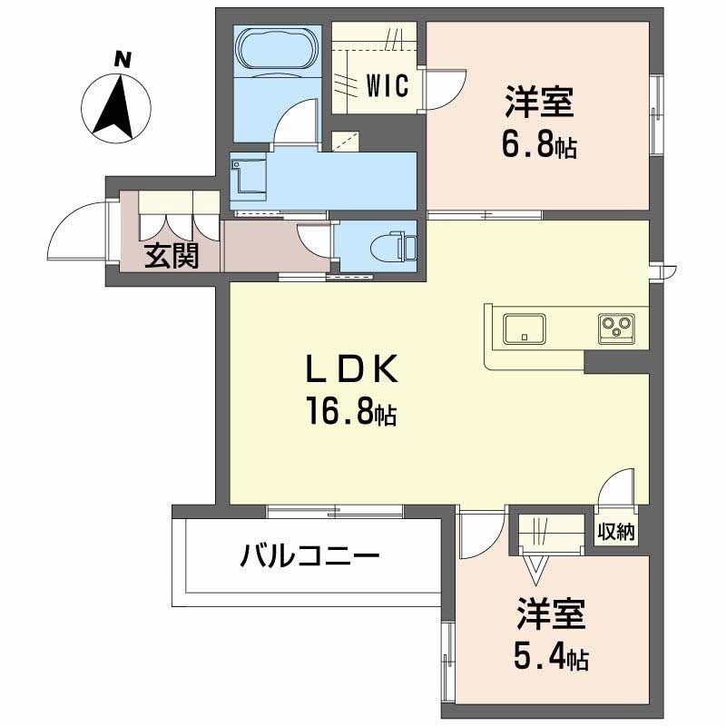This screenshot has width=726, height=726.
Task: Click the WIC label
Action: [x=388, y=86]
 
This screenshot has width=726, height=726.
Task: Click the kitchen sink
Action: [x=523, y=328]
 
